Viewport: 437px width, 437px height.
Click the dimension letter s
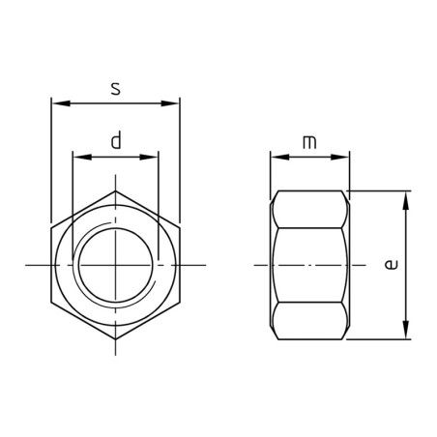click(x=115, y=89)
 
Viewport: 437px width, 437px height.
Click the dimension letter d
click(x=116, y=140)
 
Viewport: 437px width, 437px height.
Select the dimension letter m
click(x=309, y=142)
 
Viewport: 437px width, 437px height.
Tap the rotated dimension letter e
click(x=392, y=265)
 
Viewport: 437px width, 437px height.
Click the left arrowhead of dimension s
click(x=61, y=103)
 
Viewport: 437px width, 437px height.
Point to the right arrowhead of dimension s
click(x=170, y=103)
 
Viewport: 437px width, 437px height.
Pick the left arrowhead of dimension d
click(x=82, y=157)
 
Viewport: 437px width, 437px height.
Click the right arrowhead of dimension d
click(x=148, y=157)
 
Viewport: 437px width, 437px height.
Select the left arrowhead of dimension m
click(x=279, y=157)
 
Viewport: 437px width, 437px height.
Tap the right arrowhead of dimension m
click(x=339, y=157)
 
